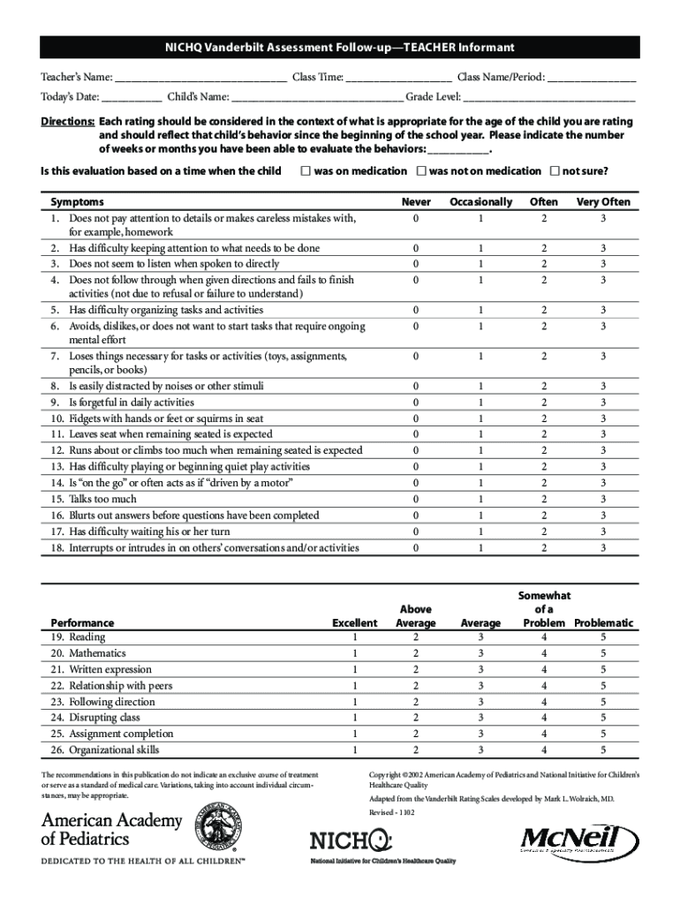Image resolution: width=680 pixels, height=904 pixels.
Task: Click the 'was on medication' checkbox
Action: (305, 170)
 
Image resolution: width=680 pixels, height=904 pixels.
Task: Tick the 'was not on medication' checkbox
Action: (421, 170)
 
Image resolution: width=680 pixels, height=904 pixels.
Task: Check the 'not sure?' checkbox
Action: (555, 170)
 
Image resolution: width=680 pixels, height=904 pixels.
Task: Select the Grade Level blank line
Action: (549, 98)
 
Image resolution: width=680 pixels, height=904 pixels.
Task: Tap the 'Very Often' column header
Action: (603, 201)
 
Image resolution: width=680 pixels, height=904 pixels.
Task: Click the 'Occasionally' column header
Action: (480, 201)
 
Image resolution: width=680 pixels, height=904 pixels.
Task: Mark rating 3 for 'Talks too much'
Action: (603, 499)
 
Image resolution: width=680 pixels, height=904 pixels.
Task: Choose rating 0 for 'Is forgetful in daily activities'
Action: (416, 403)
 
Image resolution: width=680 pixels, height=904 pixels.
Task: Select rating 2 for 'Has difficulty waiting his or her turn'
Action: (544, 531)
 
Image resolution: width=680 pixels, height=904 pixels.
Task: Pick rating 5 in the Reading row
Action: (603, 637)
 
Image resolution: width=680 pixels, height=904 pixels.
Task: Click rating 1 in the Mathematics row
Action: (354, 653)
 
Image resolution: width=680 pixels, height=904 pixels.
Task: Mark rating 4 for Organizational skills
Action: (544, 750)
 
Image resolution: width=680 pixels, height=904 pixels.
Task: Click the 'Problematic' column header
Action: (603, 622)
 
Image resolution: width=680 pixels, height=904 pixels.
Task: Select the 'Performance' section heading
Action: (82, 622)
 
